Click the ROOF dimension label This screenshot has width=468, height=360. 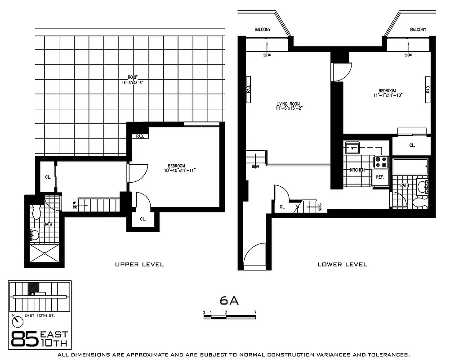click(x=132, y=80)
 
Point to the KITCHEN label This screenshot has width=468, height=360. click(x=357, y=170)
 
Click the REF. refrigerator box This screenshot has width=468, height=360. click(x=379, y=177)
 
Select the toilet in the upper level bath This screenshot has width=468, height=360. click(x=37, y=210)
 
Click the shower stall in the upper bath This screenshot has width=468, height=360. click(x=45, y=253)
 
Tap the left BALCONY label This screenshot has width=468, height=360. click(x=262, y=30)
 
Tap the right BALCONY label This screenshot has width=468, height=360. click(x=418, y=30)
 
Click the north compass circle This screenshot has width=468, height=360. click(x=18, y=321)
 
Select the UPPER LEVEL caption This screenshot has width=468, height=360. click(x=139, y=265)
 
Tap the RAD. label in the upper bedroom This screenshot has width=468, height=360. click(x=139, y=136)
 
